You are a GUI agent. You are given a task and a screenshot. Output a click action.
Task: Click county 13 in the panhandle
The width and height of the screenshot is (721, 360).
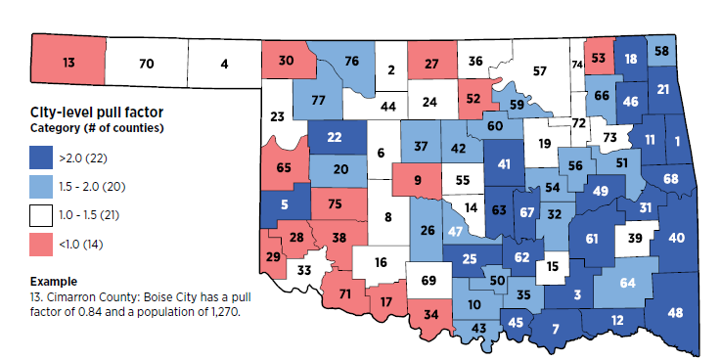[x=68, y=64]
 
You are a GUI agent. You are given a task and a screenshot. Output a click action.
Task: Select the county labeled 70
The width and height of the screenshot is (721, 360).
[x=147, y=65]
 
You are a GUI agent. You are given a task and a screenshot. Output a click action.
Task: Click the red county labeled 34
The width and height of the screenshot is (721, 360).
[x=430, y=314]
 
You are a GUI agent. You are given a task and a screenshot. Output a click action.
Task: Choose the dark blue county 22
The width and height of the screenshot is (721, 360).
[x=335, y=138]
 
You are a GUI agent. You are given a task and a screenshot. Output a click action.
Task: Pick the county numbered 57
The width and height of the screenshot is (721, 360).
[x=539, y=71]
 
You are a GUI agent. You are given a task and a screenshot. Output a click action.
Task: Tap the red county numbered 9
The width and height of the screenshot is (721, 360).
[x=419, y=179]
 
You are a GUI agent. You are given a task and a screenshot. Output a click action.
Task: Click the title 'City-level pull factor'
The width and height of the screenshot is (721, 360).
[x=85, y=112]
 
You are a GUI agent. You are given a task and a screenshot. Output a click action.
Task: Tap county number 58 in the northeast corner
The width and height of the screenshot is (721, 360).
[x=662, y=51]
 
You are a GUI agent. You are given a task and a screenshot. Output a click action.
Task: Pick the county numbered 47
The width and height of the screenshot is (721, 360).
[x=455, y=231]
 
